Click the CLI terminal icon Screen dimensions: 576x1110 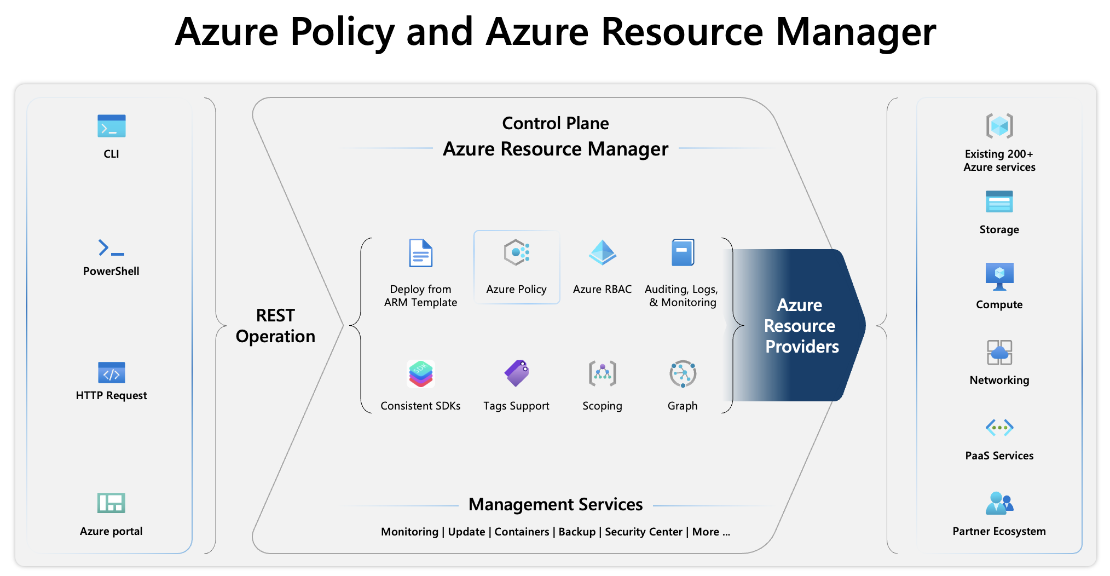pyautogui.click(x=111, y=126)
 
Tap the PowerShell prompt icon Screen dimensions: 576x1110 pyautogui.click(x=111, y=248)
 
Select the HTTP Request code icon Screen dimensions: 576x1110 pyautogui.click(x=111, y=373)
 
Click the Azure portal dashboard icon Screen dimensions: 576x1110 pyautogui.click(x=111, y=503)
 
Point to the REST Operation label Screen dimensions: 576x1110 pyautogui.click(x=275, y=326)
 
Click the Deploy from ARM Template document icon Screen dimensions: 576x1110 pyautogui.click(x=420, y=253)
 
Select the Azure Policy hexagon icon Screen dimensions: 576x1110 pyautogui.click(x=516, y=252)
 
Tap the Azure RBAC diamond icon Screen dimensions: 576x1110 pyautogui.click(x=602, y=252)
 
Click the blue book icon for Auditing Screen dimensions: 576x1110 pyautogui.click(x=683, y=252)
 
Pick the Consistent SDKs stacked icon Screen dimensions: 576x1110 pyautogui.click(x=420, y=374)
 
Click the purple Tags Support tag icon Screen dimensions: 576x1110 pyautogui.click(x=516, y=373)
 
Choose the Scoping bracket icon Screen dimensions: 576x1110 pyautogui.click(x=602, y=373)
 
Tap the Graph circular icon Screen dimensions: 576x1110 pyautogui.click(x=683, y=374)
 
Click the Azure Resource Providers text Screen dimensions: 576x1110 pyautogui.click(x=801, y=326)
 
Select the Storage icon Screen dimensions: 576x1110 pyautogui.click(x=999, y=201)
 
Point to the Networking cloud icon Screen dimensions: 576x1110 pyautogui.click(x=999, y=352)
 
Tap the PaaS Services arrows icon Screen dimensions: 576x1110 pyautogui.click(x=999, y=427)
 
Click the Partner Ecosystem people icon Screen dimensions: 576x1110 pyautogui.click(x=999, y=503)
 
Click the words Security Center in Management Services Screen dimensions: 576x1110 pyautogui.click(x=644, y=532)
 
